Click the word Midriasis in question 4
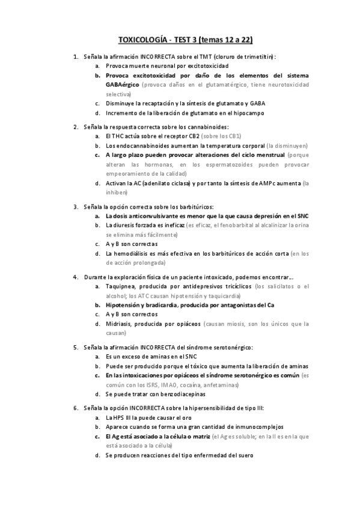click(118, 324)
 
